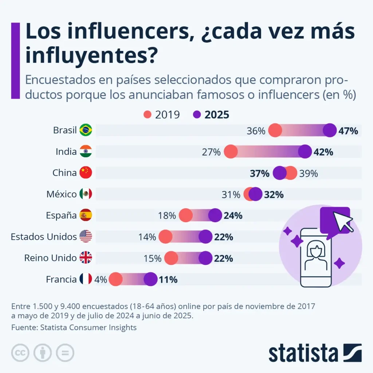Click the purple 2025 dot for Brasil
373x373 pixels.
coord(330,130)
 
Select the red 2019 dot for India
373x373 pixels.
coord(231,151)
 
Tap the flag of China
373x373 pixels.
coord(86,173)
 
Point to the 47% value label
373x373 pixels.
coord(348,131)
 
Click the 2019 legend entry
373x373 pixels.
coord(162,114)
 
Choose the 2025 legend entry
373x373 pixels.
coord(212,114)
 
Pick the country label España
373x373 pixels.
coord(62,215)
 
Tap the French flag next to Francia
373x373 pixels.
coord(86,279)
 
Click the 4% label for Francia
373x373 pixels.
coord(101,280)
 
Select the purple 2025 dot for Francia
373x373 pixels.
coord(150,280)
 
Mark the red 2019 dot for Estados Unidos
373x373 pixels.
coord(165,237)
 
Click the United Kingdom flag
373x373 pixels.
coord(86,258)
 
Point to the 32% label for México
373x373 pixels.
coord(274,195)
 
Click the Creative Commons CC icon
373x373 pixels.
coord(20,353)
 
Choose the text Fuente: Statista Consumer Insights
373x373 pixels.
coord(74,327)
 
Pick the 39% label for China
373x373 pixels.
coord(309,173)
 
